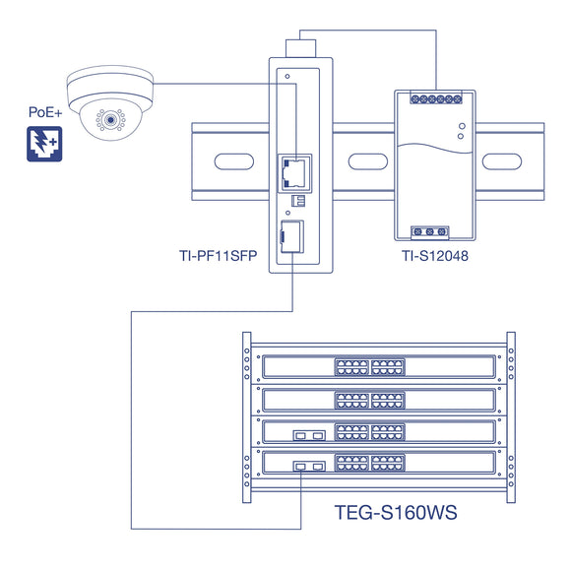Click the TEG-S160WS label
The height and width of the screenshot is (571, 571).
[397, 513]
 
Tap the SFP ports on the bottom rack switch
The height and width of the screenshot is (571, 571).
[308, 467]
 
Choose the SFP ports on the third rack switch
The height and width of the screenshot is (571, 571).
[308, 433]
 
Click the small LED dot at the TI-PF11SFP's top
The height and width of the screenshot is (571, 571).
[286, 75]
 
